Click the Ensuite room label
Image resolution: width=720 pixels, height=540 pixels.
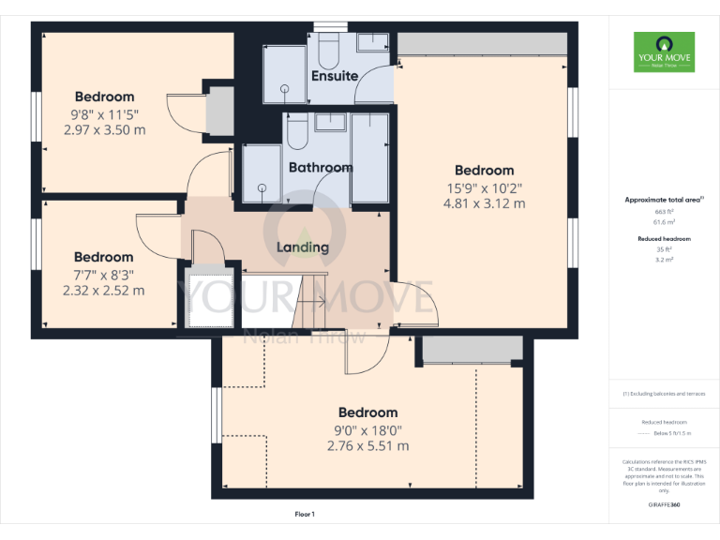(334, 76)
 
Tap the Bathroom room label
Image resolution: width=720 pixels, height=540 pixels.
(321, 168)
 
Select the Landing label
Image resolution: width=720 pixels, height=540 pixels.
(303, 247)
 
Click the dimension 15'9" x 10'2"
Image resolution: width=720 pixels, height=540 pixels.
(484, 187)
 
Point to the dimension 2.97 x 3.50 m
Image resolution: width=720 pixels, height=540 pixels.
(105, 130)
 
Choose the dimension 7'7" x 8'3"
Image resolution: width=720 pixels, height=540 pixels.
(103, 275)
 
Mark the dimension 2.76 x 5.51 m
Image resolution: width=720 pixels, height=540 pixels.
(367, 446)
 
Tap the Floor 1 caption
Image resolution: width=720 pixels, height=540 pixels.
(305, 515)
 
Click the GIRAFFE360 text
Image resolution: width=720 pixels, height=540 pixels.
(664, 505)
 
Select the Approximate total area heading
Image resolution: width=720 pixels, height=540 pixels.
(663, 200)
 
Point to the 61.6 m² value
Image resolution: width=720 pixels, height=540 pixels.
(664, 222)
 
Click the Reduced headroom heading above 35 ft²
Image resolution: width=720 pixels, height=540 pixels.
(664, 239)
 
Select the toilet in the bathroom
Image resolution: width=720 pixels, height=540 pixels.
(297, 133)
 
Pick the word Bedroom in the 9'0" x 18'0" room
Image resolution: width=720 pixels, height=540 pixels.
(367, 412)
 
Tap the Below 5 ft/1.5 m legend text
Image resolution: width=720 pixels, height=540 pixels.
(671, 433)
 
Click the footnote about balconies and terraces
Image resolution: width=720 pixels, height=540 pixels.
(664, 393)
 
